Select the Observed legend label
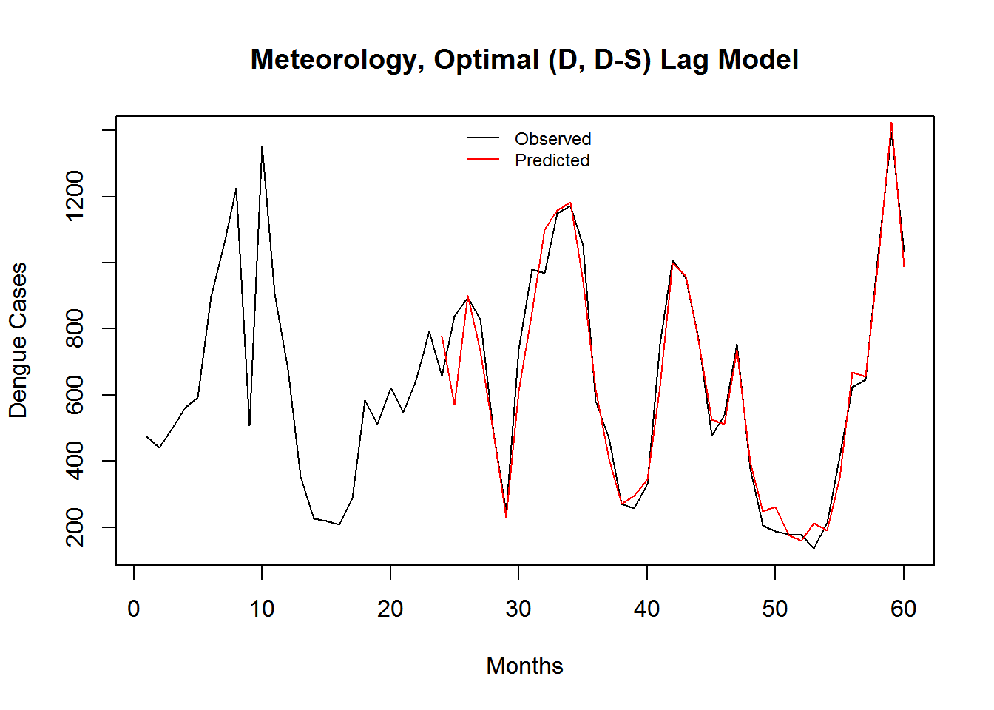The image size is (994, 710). point(552,139)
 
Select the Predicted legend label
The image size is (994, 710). point(552,160)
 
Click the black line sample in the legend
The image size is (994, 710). point(483,138)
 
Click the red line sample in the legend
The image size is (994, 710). point(483,160)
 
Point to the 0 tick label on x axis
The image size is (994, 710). point(134,609)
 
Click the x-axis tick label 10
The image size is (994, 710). point(262,609)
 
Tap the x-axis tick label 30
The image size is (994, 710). point(518,609)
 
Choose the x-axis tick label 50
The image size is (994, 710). point(775,609)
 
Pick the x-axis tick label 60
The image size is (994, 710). point(903,609)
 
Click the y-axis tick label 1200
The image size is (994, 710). point(75,196)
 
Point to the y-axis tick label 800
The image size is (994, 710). point(75,328)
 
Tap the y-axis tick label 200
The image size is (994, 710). point(75,527)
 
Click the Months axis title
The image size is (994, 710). point(524,666)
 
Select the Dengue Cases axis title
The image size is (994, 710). point(18,340)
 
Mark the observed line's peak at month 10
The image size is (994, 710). point(262,146)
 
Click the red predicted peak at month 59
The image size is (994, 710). point(891,123)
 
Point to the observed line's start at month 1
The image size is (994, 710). point(147,437)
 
